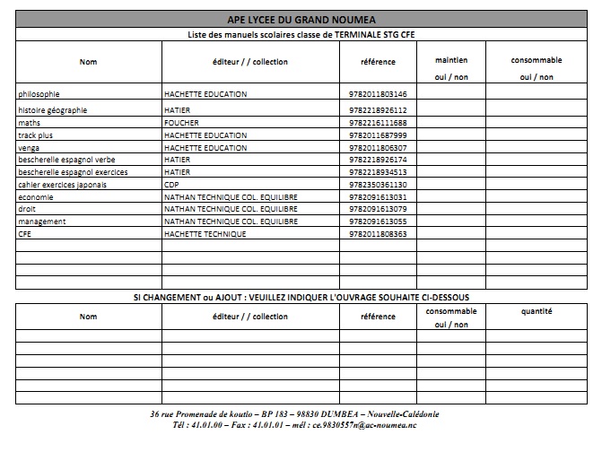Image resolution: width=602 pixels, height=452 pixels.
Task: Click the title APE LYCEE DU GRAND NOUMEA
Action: tap(301, 20)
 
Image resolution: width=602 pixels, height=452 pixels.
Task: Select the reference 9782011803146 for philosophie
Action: tap(377, 93)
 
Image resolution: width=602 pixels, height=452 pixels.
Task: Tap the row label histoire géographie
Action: tap(53, 110)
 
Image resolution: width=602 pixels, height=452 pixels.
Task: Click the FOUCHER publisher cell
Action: tap(182, 123)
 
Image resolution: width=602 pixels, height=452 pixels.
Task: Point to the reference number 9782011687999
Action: tap(377, 135)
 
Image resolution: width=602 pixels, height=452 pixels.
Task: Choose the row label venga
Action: tap(30, 147)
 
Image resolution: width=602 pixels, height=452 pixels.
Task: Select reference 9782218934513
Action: tap(377, 172)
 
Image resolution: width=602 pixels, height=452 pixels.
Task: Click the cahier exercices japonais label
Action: tap(62, 185)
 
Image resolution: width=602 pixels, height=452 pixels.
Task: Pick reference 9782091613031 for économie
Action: tap(377, 197)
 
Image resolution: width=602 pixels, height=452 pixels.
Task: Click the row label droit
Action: tap(27, 209)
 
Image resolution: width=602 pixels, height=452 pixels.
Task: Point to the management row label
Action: tap(41, 222)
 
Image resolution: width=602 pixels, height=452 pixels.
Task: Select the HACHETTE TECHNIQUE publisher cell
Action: tap(205, 234)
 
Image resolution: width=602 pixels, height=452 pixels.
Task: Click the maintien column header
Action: tap(450, 60)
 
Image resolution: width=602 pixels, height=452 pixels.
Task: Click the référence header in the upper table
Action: tap(378, 62)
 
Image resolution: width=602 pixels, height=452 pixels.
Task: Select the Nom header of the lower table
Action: tap(88, 317)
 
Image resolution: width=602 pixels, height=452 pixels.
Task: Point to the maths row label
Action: tap(30, 123)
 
